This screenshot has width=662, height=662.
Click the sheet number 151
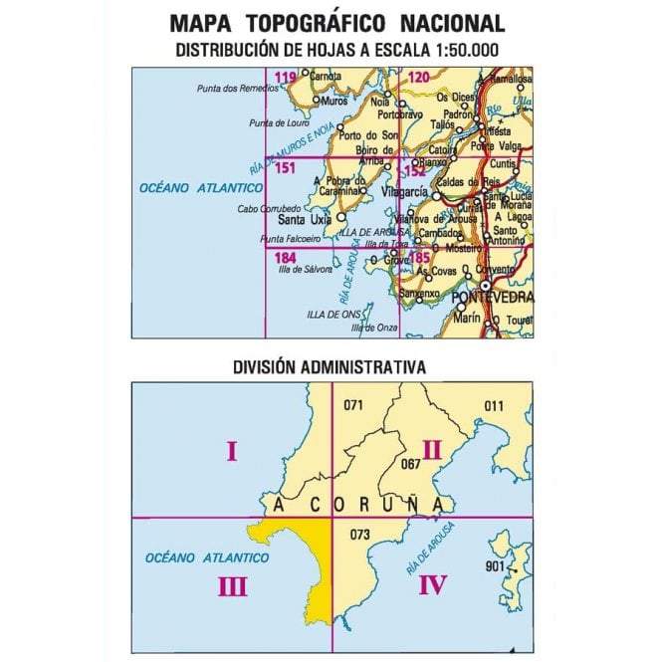tap(284, 167)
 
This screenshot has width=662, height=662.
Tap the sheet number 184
tap(284, 257)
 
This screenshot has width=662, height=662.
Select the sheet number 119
tap(286, 78)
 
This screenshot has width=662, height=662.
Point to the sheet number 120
tap(419, 78)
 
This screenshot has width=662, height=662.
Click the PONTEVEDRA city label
tap(492, 298)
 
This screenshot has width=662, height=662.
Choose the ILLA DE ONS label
tap(333, 314)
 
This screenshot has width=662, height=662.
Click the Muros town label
tap(335, 101)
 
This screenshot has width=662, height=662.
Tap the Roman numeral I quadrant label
tap(231, 453)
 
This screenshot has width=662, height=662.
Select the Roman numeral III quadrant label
tap(232, 587)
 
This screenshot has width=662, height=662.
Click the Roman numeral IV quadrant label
tap(432, 584)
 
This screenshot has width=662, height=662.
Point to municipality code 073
tap(359, 535)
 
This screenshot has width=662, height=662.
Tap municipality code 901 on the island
tap(495, 566)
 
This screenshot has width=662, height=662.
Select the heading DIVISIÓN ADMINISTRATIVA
tap(330, 366)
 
